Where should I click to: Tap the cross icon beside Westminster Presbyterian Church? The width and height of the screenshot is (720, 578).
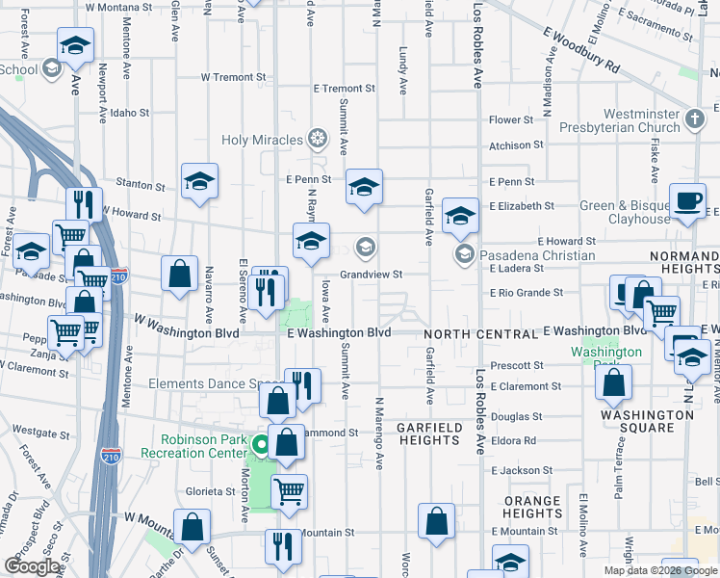pos(696,121)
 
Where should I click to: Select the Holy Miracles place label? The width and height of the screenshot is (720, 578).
pos(263,140)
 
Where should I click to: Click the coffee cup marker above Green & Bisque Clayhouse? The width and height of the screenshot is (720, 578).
pos(687,200)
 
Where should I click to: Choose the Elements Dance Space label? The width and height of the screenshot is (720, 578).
pos(213,383)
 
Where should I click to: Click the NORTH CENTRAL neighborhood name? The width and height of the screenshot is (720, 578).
pos(480,333)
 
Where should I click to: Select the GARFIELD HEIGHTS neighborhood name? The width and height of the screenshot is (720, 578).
pos(428,433)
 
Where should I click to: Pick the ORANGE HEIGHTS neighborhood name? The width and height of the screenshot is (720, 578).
pos(531,508)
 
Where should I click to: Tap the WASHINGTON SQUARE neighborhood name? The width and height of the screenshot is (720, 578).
pos(647,421)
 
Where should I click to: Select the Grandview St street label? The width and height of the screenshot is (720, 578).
pos(370,274)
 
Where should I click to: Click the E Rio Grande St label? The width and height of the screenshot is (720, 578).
pos(526,293)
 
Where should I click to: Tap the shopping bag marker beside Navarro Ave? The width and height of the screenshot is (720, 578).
pos(179,274)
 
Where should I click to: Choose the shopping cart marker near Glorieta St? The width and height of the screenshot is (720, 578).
pos(289,491)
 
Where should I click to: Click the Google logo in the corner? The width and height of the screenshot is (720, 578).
pos(32,566)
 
